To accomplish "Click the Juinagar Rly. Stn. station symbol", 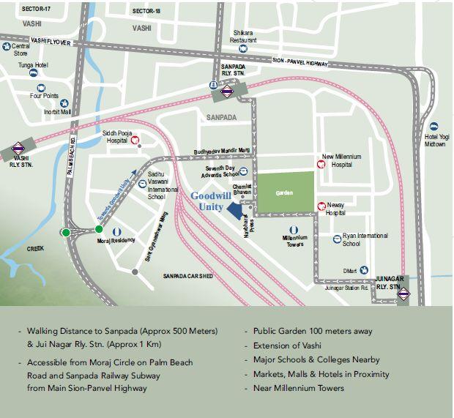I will pos(414,296).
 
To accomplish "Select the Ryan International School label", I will pos(365,239).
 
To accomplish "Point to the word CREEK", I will pos(35,249).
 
